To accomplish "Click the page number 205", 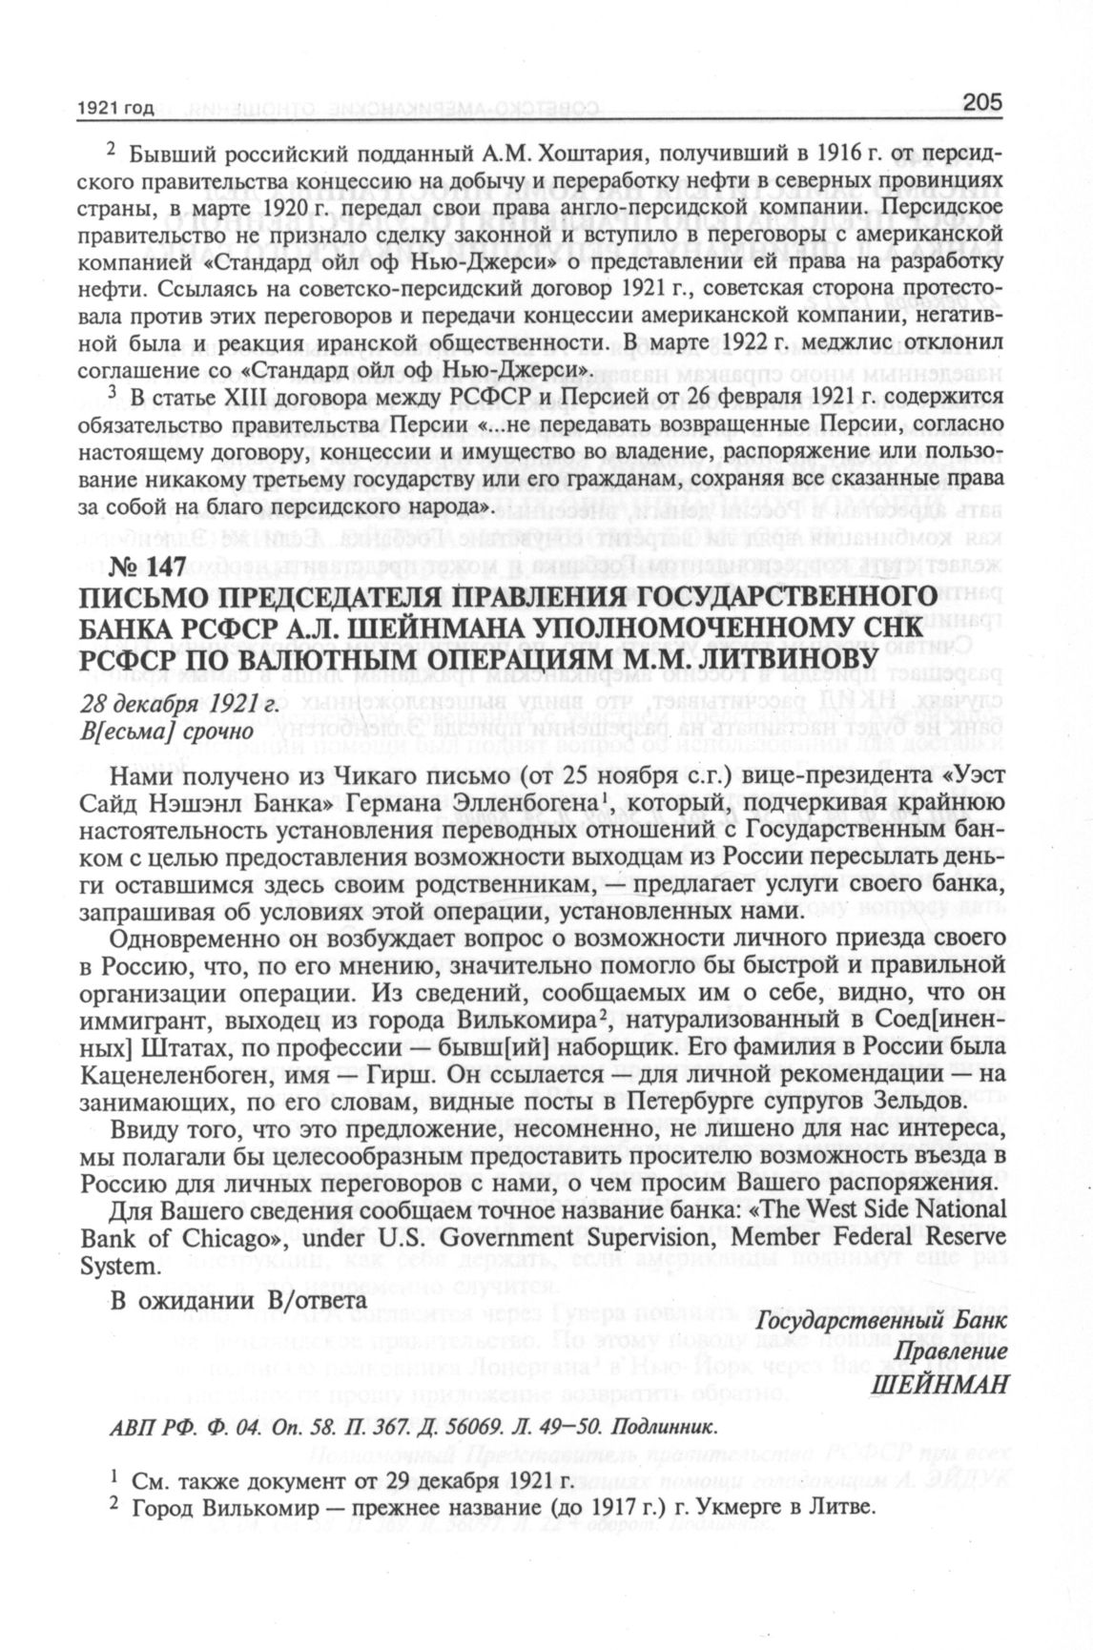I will click(981, 102).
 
